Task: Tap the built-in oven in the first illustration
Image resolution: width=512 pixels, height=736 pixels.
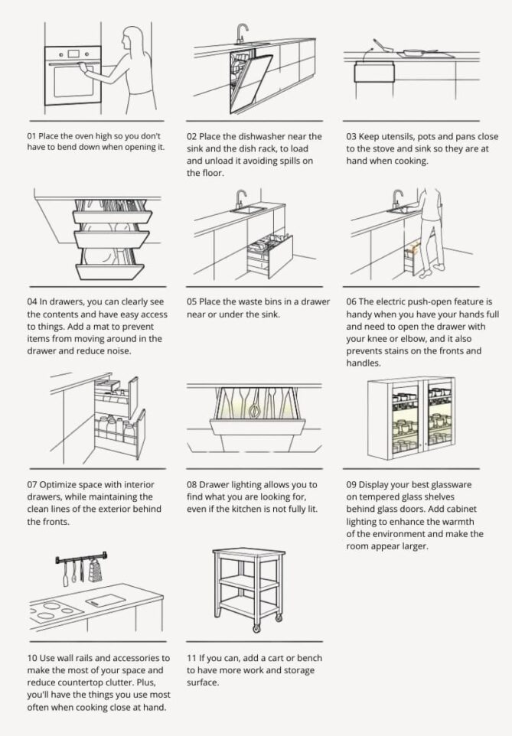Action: click(x=73, y=75)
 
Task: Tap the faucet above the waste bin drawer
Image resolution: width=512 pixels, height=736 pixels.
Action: click(x=240, y=197)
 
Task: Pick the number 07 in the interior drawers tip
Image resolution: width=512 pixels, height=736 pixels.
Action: click(x=33, y=485)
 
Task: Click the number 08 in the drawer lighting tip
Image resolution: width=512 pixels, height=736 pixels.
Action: click(x=193, y=485)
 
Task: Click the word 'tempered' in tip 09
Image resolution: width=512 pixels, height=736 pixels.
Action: click(x=375, y=497)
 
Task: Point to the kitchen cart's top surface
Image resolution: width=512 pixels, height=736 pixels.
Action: click(x=243, y=553)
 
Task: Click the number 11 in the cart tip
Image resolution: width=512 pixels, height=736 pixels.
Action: click(x=192, y=658)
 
